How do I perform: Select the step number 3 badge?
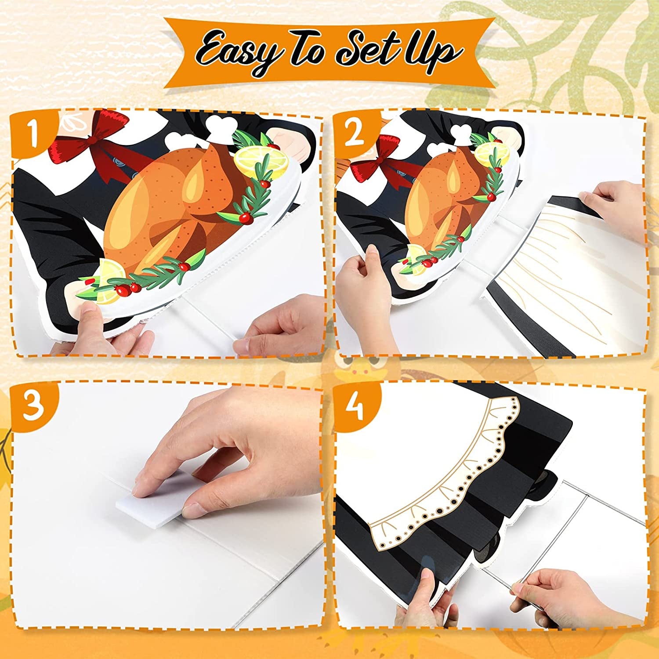point(33,406)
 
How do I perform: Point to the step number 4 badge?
point(355,406)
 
